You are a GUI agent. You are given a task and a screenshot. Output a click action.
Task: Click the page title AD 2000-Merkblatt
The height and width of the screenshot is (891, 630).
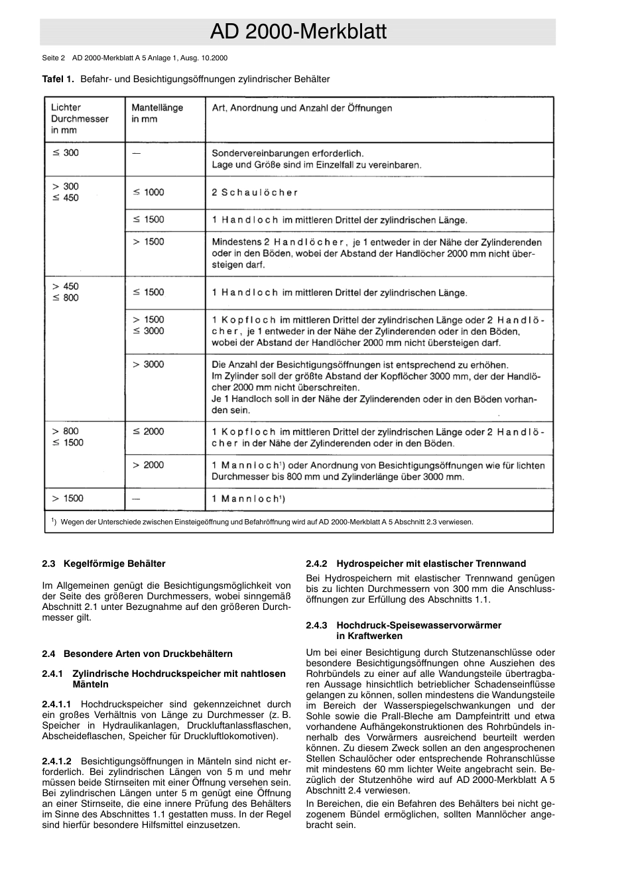click(x=298, y=32)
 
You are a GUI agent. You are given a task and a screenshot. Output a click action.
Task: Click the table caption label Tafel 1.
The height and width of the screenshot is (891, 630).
click(x=58, y=79)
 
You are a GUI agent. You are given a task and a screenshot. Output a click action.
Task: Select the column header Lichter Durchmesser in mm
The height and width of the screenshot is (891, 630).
click(x=80, y=119)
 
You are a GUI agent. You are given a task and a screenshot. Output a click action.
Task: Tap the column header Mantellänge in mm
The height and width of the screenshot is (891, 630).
click(x=157, y=113)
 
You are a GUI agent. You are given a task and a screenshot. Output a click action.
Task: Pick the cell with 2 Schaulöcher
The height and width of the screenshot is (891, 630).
click(x=255, y=193)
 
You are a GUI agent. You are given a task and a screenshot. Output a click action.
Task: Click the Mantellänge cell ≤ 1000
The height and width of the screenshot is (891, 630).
click(x=148, y=192)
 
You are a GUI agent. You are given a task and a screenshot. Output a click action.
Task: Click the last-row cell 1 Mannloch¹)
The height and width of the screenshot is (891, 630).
click(x=249, y=499)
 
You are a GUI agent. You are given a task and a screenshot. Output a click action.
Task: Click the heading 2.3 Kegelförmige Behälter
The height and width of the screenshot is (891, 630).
click(x=103, y=564)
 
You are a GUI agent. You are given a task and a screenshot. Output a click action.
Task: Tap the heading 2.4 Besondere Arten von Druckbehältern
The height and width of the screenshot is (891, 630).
click(x=137, y=654)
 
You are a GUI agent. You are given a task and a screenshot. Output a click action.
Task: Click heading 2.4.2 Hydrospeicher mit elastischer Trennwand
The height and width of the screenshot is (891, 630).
click(x=416, y=564)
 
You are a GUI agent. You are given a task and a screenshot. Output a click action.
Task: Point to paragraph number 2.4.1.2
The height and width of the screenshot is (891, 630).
click(x=57, y=761)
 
